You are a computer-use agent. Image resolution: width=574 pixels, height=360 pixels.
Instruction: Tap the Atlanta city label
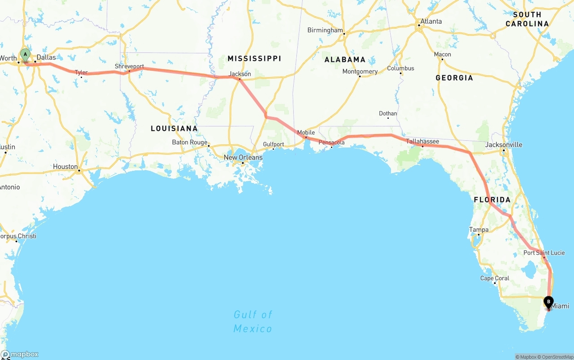pyautogui.click(x=430, y=21)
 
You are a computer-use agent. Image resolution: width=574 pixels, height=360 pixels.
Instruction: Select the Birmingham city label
pyautogui.click(x=325, y=30)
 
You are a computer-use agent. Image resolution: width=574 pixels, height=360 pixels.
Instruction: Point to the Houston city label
pyautogui.click(x=65, y=166)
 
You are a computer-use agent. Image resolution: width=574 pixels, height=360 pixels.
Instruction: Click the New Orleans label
pyautogui.click(x=243, y=157)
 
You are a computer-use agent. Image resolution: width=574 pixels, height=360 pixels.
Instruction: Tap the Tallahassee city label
pyautogui.click(x=422, y=141)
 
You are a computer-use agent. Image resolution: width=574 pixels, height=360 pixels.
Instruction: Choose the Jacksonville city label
pyautogui.click(x=504, y=145)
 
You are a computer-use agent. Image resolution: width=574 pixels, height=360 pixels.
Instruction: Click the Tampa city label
pyautogui.click(x=478, y=230)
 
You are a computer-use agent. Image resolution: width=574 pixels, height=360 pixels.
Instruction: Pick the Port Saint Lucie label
pyautogui.click(x=544, y=253)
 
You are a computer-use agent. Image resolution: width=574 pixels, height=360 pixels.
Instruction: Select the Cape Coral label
pyautogui.click(x=495, y=278)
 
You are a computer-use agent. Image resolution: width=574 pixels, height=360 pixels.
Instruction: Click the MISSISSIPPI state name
pyautogui.click(x=254, y=58)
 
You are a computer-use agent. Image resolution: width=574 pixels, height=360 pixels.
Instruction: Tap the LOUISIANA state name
pyautogui.click(x=174, y=129)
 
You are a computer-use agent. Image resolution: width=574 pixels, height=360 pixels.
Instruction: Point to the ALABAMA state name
pyautogui.click(x=345, y=60)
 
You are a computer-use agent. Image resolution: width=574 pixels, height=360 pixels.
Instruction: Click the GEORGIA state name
pyautogui.click(x=454, y=78)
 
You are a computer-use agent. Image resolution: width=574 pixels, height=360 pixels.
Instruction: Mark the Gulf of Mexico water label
pyautogui.click(x=252, y=321)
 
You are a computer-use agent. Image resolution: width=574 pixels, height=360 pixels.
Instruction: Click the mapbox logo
pyautogui.click(x=20, y=354)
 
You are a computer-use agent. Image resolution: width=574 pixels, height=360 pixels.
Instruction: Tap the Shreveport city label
pyautogui.click(x=129, y=66)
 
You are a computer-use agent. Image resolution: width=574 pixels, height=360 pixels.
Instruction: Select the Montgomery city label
pyautogui.click(x=360, y=72)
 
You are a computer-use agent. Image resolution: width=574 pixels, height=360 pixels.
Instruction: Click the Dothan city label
pyautogui.click(x=388, y=113)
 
